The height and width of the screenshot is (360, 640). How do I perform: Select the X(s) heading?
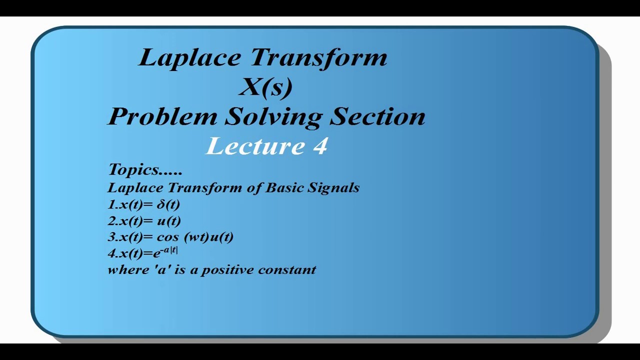[x=265, y=87]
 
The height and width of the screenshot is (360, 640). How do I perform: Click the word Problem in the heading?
[x=163, y=117]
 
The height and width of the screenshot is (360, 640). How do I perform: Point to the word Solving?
[x=273, y=117]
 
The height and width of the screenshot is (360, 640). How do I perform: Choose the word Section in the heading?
[x=377, y=116]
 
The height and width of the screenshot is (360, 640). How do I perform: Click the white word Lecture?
[x=255, y=146]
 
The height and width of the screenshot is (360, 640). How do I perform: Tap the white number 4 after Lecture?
[x=320, y=146]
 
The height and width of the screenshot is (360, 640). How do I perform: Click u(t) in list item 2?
[x=169, y=220]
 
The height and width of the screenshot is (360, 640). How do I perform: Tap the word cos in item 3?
[x=167, y=237]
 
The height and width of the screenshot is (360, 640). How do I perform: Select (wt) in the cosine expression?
[x=196, y=237]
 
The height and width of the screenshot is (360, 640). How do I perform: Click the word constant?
[x=287, y=269]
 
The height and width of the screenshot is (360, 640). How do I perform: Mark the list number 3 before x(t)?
[x=111, y=237]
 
